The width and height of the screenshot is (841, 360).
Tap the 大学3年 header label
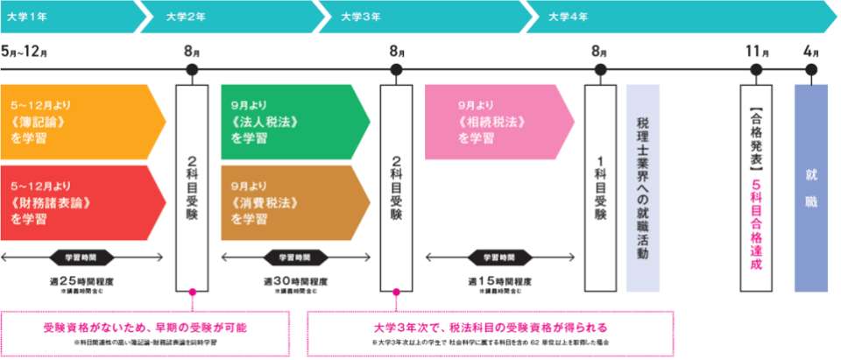pos(360,15)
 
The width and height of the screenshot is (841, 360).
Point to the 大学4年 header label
pos(568,15)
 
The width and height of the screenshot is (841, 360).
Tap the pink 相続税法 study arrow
pos(495,122)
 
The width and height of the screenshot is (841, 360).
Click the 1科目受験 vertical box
pos(600,188)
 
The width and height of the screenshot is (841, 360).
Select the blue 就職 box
pos(810,188)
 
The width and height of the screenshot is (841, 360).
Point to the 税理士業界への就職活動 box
pos(642,188)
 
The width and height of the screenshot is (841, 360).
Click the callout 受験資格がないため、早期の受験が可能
pos(145,327)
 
